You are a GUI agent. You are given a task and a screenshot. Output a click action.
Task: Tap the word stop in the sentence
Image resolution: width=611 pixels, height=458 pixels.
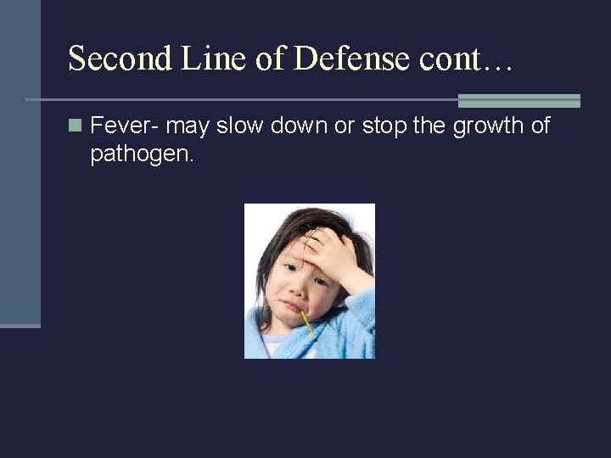click(x=384, y=127)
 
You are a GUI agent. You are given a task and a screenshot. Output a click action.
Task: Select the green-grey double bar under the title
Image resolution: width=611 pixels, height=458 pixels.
click(x=519, y=101)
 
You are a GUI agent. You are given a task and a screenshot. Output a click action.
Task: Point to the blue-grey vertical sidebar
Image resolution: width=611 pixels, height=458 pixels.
click(x=20, y=161)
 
